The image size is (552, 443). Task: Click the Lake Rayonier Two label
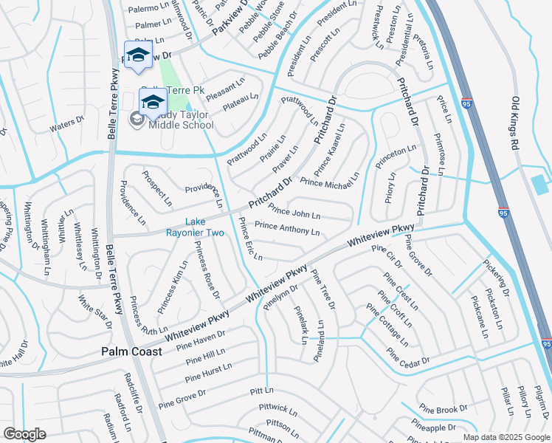204,227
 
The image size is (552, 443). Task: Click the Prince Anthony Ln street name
287,228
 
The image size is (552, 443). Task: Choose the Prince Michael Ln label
329,179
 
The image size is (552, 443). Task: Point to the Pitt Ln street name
261,390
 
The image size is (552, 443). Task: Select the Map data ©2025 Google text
506,436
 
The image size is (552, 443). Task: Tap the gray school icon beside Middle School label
137,119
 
